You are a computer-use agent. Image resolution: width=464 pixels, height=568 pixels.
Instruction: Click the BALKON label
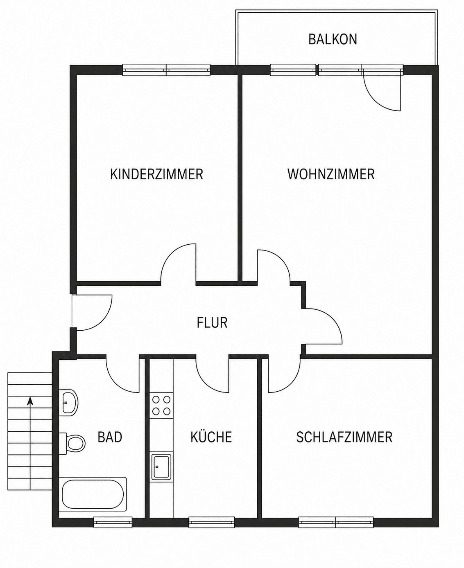click(x=333, y=39)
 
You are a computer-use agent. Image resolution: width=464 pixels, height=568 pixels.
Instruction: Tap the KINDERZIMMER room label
click(x=156, y=174)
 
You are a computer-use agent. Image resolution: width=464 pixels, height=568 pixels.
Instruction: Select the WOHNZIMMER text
click(x=331, y=174)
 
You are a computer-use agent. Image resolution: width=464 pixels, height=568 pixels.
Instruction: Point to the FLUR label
click(x=212, y=322)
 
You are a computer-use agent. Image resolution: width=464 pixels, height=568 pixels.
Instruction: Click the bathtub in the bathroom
click(x=93, y=494)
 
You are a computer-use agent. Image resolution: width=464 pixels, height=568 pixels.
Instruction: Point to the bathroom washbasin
click(x=69, y=403)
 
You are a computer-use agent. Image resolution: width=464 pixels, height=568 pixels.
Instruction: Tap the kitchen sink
click(x=161, y=467)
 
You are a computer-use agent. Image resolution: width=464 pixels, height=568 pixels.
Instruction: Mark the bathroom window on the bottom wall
click(x=113, y=523)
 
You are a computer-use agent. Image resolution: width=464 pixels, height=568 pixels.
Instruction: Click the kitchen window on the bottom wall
click(x=212, y=523)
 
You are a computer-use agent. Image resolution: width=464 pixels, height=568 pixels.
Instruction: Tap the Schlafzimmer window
click(x=336, y=523)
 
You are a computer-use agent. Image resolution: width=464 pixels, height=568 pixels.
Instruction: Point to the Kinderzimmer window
click(x=166, y=70)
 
